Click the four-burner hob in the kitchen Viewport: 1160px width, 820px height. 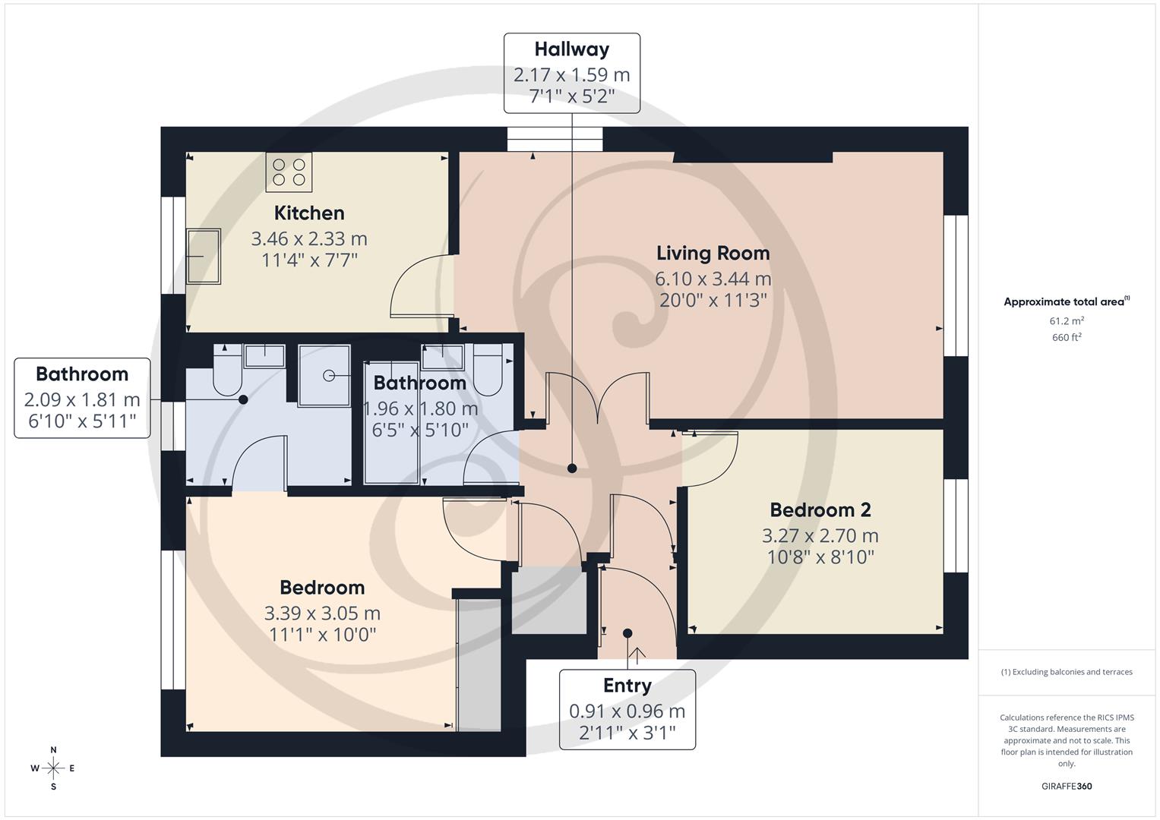289,172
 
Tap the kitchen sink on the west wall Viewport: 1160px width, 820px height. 204,257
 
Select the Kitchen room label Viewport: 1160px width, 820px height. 309,213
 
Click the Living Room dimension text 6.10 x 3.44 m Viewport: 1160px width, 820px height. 713,279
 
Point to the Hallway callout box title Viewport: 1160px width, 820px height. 571,49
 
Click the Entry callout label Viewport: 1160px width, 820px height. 627,686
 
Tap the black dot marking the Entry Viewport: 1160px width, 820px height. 627,633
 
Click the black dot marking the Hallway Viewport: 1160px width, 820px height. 572,468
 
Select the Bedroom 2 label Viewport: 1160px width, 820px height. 820,510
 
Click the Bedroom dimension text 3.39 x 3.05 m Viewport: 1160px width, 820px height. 322,613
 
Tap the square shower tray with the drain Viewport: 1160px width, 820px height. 324,376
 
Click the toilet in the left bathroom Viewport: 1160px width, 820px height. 227,371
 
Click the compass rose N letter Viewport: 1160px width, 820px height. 53,750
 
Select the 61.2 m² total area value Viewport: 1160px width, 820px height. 1067,321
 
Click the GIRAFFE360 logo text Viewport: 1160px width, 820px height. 1067,786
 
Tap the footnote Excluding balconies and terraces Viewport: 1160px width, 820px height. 1067,672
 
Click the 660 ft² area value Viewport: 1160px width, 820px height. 1067,338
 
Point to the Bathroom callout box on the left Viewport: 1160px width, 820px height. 82,398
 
